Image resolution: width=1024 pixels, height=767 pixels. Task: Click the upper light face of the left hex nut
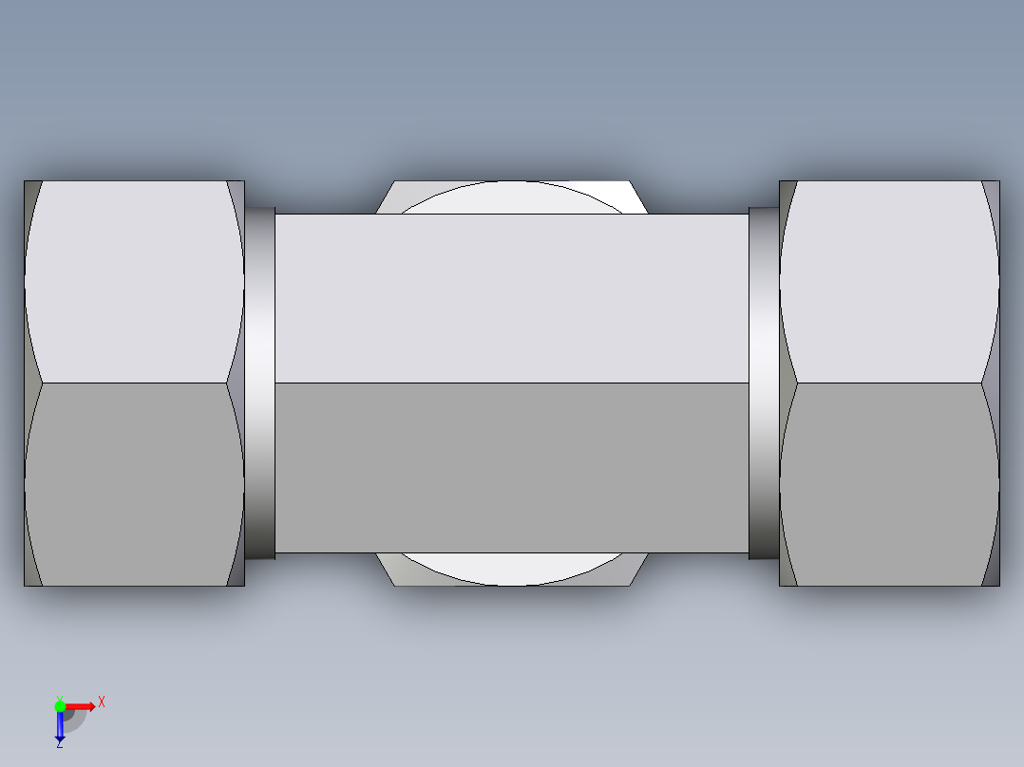pos(133,282)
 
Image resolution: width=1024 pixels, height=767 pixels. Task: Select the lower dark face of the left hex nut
pos(133,484)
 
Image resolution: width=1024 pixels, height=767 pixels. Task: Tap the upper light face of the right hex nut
pos(888,282)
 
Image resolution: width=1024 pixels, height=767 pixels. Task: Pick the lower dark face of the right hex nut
pos(888,484)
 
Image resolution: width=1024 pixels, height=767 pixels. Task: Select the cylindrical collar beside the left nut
pos(260,383)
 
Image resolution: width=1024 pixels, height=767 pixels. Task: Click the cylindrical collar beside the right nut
pos(763,383)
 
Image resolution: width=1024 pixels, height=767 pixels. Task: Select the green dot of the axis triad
pos(60,705)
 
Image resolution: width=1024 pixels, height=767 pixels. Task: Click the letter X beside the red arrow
pos(102,702)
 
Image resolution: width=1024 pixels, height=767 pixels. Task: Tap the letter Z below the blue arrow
pos(59,744)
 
